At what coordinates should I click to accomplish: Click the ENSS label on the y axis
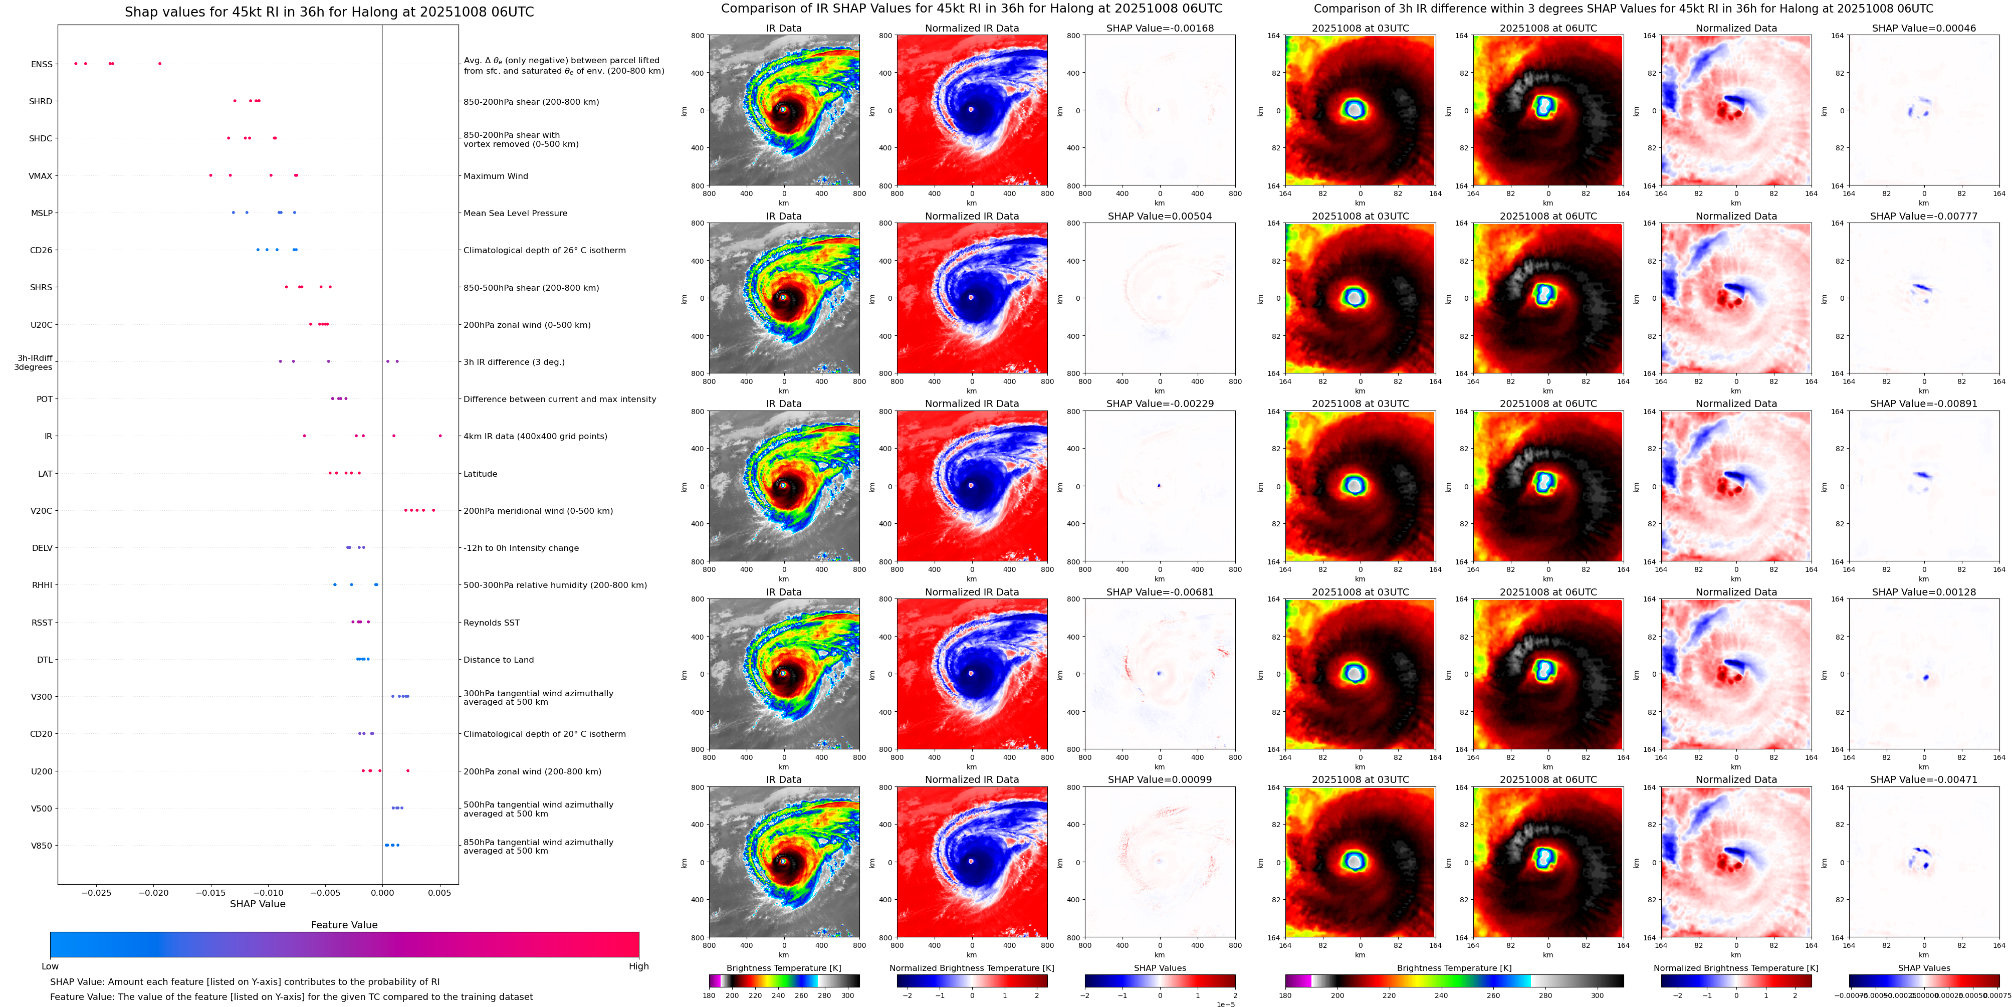(x=42, y=64)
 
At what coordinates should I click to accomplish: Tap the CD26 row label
(x=41, y=250)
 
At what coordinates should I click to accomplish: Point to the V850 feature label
(x=42, y=845)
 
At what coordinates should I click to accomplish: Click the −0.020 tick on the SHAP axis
(x=154, y=892)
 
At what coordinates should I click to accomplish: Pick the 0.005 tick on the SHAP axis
(x=439, y=892)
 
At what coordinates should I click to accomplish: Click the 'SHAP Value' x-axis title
(x=258, y=904)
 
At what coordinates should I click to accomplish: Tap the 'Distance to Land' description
(x=498, y=659)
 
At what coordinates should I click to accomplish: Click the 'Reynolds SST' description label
(x=491, y=623)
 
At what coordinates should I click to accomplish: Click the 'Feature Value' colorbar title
(x=344, y=925)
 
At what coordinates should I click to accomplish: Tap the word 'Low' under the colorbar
(x=50, y=966)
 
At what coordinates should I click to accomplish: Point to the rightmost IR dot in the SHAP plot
(x=440, y=436)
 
